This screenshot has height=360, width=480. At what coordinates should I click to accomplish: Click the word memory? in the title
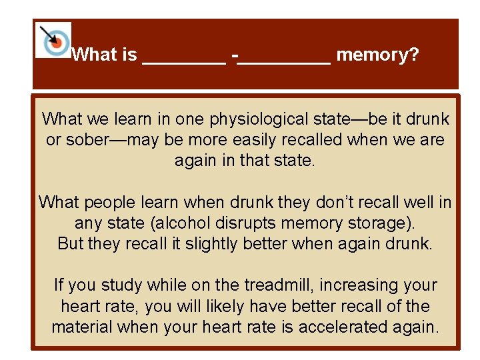(x=377, y=55)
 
